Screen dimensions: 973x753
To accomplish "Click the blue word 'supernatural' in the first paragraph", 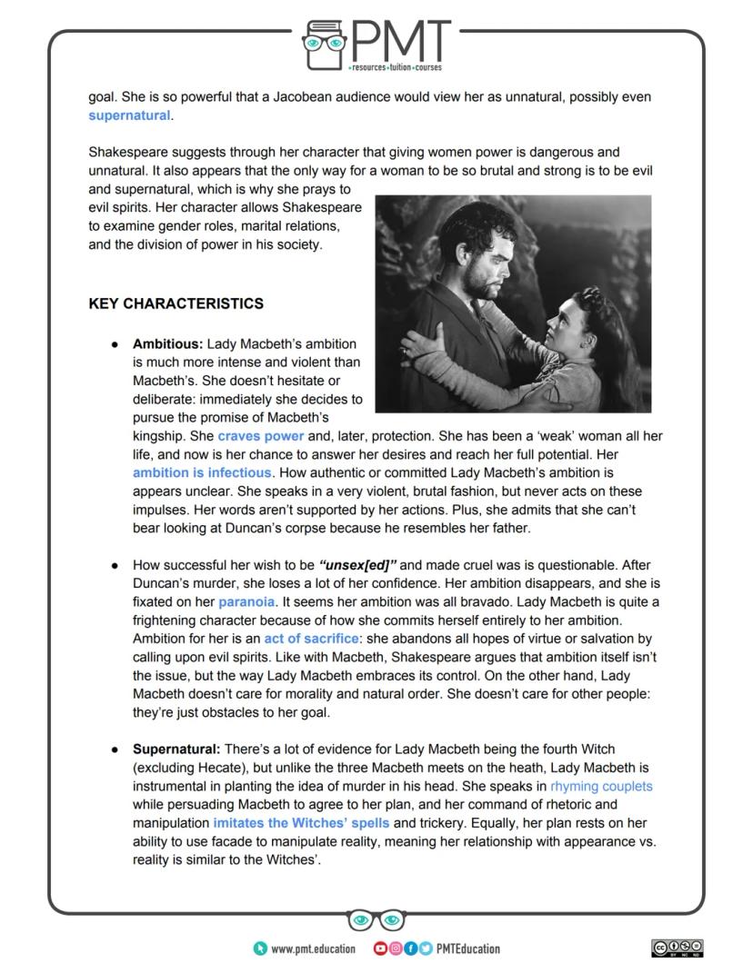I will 129,115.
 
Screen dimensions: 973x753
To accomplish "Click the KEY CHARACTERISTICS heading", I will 176,303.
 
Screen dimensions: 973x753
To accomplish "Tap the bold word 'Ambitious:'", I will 168,344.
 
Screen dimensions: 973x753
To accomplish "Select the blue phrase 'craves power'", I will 260,436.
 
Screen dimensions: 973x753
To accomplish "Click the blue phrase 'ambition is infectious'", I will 202,472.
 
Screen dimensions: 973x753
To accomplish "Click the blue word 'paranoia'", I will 246,601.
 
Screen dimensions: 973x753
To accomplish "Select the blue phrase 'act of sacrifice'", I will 312,639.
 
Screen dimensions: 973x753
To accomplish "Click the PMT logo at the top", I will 376,45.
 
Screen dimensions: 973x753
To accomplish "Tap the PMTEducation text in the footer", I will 467,948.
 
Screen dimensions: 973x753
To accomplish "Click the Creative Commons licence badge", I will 678,948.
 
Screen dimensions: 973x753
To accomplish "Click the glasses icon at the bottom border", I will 376,920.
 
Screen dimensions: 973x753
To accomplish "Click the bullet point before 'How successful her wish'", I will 115,565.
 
